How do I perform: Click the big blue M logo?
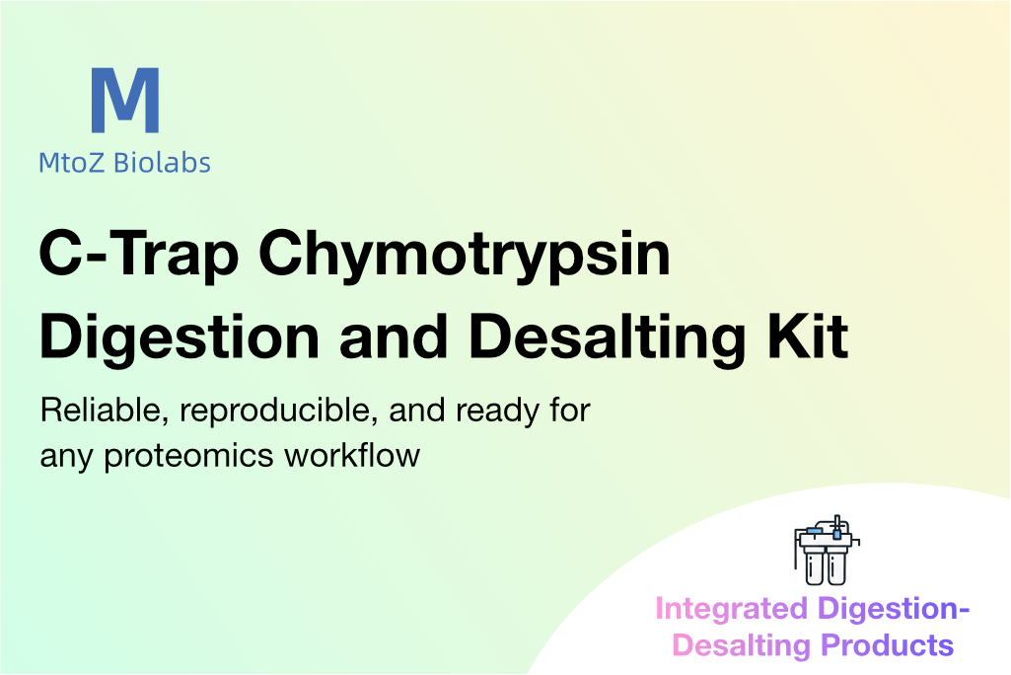pos(125,100)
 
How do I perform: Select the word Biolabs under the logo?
pos(162,163)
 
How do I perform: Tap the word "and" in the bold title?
pos(394,337)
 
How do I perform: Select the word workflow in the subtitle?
pos(352,455)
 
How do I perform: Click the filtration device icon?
pos(826,551)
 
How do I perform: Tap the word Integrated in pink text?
pos(731,609)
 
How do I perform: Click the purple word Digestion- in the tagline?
pos(894,609)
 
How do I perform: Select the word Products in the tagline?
pos(887,645)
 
